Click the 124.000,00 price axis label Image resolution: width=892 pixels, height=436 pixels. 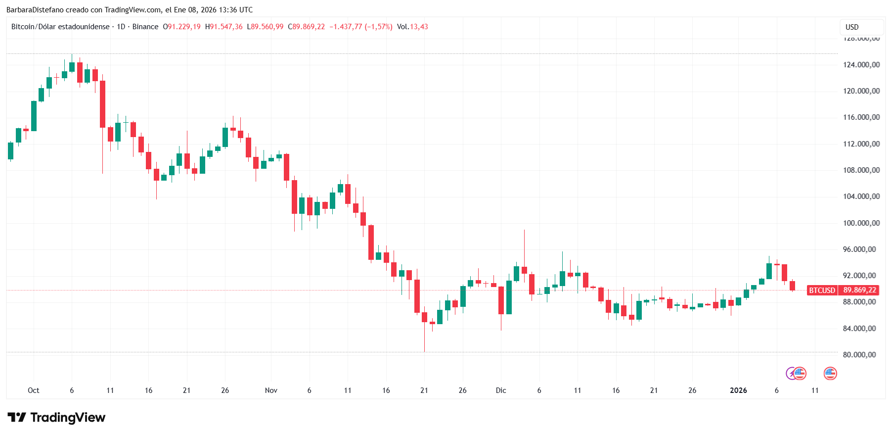pyautogui.click(x=861, y=65)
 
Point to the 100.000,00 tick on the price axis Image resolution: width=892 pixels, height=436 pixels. pyautogui.click(x=861, y=223)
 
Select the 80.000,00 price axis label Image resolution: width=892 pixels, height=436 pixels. pyautogui.click(x=861, y=355)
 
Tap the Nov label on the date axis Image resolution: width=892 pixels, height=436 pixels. pyautogui.click(x=271, y=390)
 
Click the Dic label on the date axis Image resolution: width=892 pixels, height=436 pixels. pyautogui.click(x=501, y=390)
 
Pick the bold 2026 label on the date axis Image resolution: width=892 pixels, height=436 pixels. pyautogui.click(x=738, y=390)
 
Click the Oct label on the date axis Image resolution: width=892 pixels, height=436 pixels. pyautogui.click(x=34, y=390)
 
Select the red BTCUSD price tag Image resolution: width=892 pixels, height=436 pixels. pyautogui.click(x=822, y=291)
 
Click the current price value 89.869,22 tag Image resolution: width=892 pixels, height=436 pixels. pyautogui.click(x=859, y=291)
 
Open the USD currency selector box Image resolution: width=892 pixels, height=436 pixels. pyautogui.click(x=862, y=27)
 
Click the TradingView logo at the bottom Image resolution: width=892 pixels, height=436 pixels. pyautogui.click(x=56, y=418)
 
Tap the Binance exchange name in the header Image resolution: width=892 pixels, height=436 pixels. pyautogui.click(x=145, y=27)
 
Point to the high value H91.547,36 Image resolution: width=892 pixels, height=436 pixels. pyautogui.click(x=224, y=27)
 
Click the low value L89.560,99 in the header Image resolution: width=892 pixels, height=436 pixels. pyautogui.click(x=266, y=27)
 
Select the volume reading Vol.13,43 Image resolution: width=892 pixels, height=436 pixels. pyautogui.click(x=412, y=27)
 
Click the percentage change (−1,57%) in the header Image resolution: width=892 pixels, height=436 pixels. pyautogui.click(x=378, y=27)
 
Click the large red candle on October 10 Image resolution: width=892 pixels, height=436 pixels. pyautogui.click(x=102, y=104)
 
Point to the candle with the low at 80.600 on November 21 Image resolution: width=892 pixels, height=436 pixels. pyautogui.click(x=424, y=317)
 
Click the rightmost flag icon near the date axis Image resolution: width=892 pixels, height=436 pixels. pyautogui.click(x=830, y=374)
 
